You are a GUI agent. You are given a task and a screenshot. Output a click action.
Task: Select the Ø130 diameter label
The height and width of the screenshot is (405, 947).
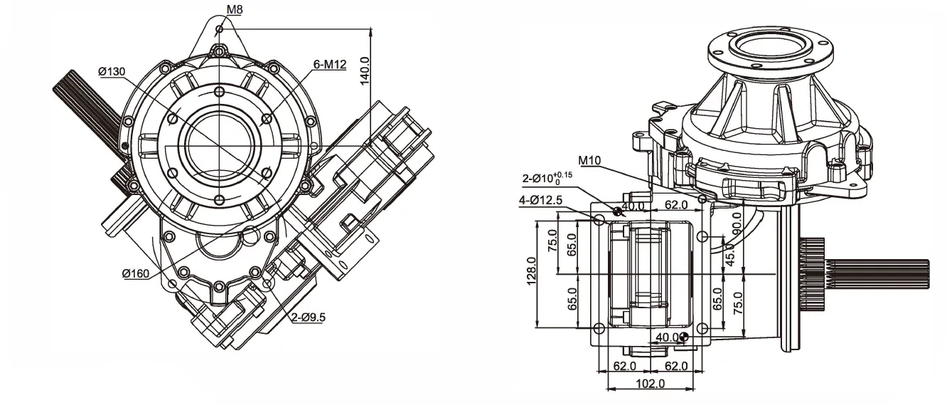click(x=112, y=71)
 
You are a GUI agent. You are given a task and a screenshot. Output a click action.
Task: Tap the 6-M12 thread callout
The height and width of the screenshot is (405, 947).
click(x=329, y=65)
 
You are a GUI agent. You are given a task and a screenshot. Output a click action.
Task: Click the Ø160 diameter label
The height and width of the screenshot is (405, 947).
click(x=135, y=273)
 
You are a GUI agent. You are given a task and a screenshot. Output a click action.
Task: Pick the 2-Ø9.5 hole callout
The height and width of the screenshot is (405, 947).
click(x=307, y=317)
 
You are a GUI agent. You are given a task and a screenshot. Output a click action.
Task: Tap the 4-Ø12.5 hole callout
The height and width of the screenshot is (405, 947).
click(x=541, y=201)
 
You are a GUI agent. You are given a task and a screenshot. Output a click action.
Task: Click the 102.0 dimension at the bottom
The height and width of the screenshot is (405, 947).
click(x=648, y=384)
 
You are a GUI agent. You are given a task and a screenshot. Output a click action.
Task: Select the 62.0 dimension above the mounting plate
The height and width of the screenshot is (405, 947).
click(x=675, y=206)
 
